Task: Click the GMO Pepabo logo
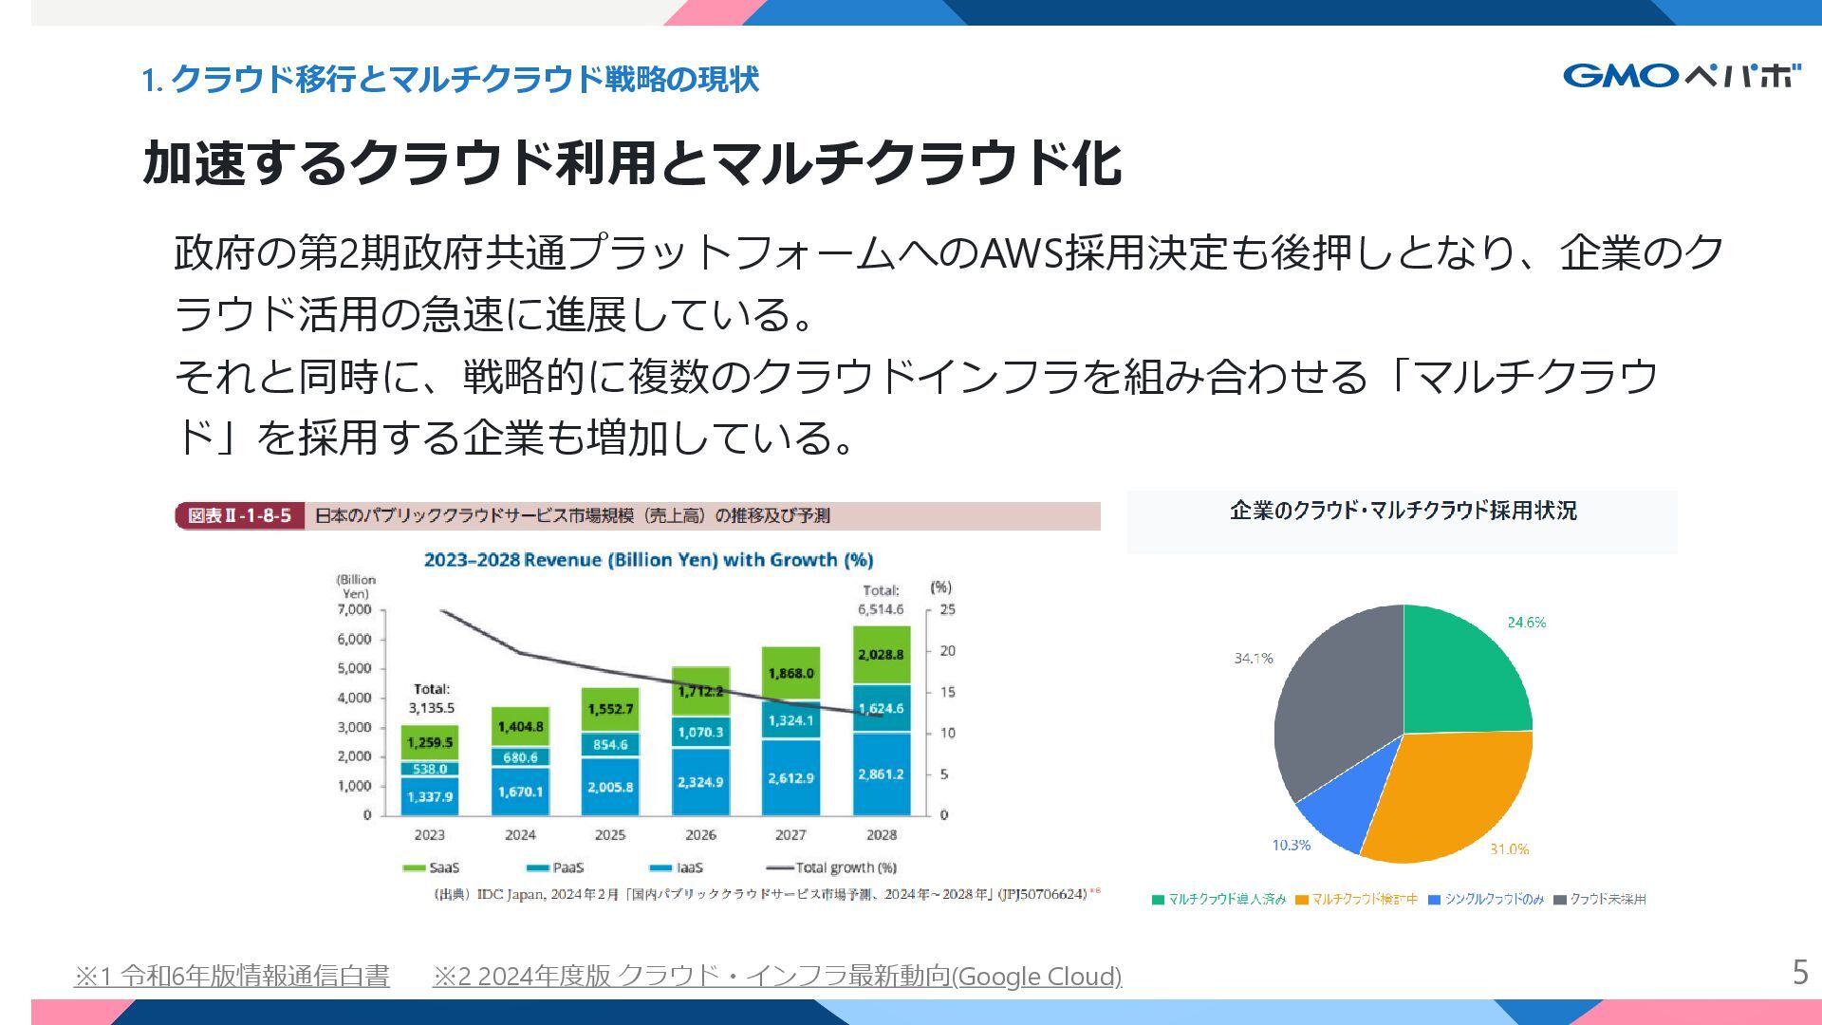[x=1681, y=75]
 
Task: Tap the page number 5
[x=1799, y=973]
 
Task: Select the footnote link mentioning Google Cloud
[x=776, y=976]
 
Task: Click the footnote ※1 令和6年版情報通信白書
[x=232, y=976]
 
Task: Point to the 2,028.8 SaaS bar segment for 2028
[x=881, y=655]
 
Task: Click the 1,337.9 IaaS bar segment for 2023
[x=430, y=796]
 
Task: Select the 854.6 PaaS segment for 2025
[x=610, y=745]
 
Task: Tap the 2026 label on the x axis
[x=700, y=835]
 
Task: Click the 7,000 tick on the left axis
[x=354, y=609]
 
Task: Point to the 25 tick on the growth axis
[x=947, y=609]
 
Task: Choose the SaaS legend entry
[x=431, y=867]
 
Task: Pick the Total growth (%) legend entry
[x=832, y=867]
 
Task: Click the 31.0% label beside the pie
[x=1509, y=849]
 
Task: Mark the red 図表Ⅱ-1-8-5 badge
[x=239, y=515]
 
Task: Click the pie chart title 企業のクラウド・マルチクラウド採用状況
[x=1403, y=511]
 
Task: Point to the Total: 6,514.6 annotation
[x=881, y=600]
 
